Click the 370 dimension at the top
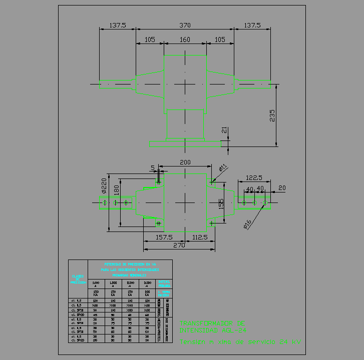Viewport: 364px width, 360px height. coord(185,25)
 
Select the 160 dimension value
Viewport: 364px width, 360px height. coord(185,39)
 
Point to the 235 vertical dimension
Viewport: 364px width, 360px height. coord(272,115)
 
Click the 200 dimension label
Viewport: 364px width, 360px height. coord(185,162)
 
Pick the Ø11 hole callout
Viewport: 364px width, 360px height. coord(223,167)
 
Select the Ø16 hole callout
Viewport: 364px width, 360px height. coord(247,224)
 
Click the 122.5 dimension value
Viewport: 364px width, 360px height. coord(254,177)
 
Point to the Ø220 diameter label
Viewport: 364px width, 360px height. coord(104,185)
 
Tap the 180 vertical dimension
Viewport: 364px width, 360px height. coord(117,190)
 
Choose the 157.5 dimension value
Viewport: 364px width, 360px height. coord(164,237)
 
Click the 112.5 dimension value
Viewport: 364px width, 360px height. coord(200,237)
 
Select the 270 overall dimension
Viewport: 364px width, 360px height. coord(179,245)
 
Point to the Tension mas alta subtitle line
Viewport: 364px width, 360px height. coord(240,342)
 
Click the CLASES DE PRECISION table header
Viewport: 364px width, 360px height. coord(78,279)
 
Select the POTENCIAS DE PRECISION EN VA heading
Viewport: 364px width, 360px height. coord(130,263)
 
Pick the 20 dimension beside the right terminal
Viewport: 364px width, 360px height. coord(282,187)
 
